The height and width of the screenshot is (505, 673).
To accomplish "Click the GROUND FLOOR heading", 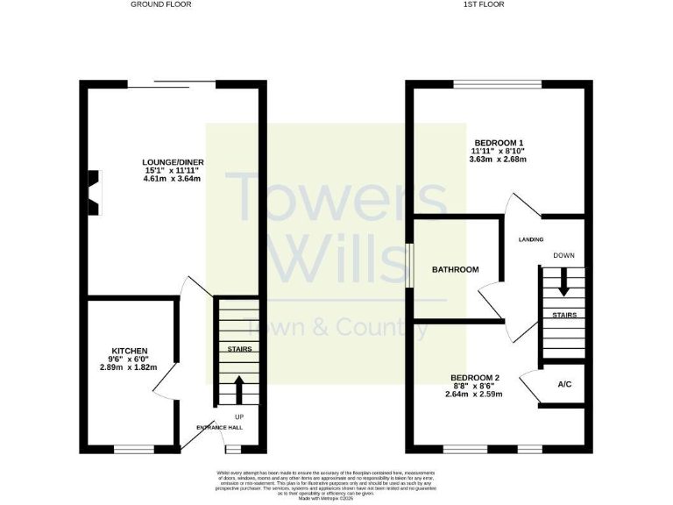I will coord(161,4).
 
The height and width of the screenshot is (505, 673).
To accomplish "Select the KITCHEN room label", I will coord(129,351).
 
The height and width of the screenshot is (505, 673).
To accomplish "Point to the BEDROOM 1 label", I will coord(499,143).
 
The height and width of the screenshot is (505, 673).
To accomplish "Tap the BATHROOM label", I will coord(455,269).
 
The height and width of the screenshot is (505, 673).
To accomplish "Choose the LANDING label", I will coord(531,239).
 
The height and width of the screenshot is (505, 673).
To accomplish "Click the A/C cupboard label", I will coord(565,385).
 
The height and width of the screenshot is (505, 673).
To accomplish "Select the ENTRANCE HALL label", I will coord(219,427).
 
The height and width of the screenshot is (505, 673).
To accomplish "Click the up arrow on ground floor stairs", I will coord(239,388).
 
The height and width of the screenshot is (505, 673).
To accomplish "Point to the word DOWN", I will coord(563,255).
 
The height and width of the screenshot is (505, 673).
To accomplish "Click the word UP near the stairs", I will coord(239,416).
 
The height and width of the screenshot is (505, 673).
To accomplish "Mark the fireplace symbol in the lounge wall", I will coord(93,192).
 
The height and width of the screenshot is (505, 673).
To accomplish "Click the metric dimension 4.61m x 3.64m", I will coord(172,179).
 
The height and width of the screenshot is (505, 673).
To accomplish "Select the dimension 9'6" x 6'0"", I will coord(129,359).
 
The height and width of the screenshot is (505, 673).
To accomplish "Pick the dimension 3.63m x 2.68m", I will coord(499,159).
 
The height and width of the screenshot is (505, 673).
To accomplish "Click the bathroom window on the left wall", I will coord(410,265).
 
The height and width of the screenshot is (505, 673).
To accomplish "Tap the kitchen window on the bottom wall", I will coord(134,450).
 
